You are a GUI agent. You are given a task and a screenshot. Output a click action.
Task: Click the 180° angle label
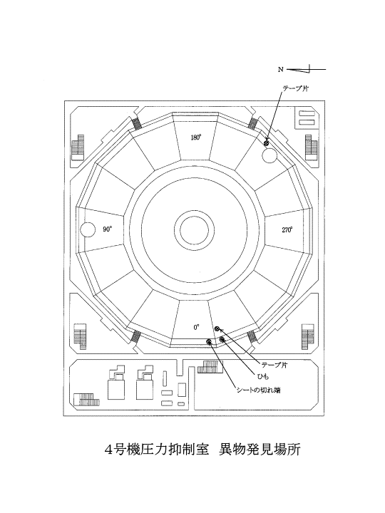pyautogui.click(x=195, y=138)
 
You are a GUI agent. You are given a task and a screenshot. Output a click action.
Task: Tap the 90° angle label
pyautogui.click(x=108, y=229)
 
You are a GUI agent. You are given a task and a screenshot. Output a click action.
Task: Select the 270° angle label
pyautogui.click(x=287, y=229)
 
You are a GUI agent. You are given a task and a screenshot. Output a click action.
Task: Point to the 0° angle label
pyautogui.click(x=196, y=327)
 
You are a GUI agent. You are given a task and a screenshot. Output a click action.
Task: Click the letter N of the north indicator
pyautogui.click(x=281, y=69)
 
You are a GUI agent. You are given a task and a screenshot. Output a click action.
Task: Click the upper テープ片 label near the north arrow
pyautogui.click(x=295, y=88)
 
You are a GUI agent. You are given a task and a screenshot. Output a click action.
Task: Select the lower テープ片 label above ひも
pyautogui.click(x=275, y=365)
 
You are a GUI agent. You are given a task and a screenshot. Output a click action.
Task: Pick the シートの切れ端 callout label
pyautogui.click(x=259, y=390)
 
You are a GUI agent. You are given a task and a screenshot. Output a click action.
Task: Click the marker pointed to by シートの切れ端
pyautogui.click(x=208, y=342)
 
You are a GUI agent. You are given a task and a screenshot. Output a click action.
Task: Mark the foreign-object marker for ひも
pyautogui.click(x=222, y=340)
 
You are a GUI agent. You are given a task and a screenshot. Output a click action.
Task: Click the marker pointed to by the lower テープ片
pyautogui.click(x=217, y=328)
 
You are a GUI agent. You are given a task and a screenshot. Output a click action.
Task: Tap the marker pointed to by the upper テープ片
pyautogui.click(x=267, y=143)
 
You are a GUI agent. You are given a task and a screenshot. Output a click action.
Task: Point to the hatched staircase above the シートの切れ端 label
pyautogui.click(x=210, y=367)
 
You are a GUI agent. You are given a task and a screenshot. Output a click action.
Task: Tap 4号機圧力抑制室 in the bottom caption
pyautogui.click(x=156, y=450)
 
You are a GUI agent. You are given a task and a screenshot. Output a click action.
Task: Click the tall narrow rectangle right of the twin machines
pyautogui.click(x=165, y=379)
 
